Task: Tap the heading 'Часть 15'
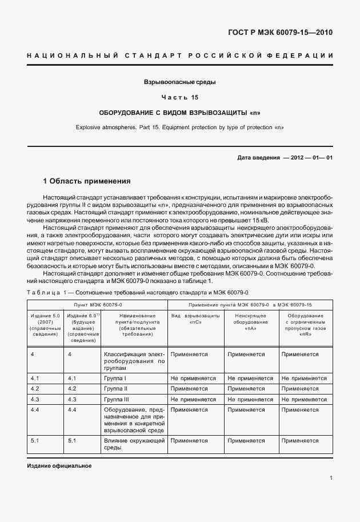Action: [179, 97]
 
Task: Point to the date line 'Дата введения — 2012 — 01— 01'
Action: [284, 157]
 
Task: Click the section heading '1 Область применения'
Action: [87, 181]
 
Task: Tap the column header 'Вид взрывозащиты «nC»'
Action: [195, 318]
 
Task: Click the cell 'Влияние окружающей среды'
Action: [134, 444]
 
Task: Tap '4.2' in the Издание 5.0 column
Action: [35, 388]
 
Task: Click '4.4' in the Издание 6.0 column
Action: [72, 409]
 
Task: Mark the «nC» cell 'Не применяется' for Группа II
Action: [193, 388]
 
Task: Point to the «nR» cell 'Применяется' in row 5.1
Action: [300, 441]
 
